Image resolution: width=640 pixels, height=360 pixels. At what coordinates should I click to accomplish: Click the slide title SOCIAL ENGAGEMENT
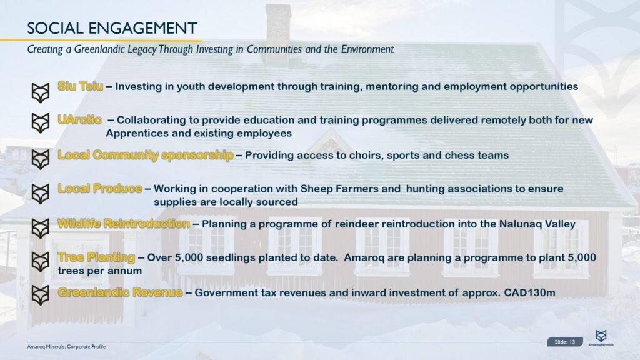(x=112, y=28)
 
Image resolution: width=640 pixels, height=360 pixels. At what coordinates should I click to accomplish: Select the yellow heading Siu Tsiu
(x=81, y=86)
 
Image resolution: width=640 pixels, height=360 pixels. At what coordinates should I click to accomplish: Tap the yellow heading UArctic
(x=79, y=119)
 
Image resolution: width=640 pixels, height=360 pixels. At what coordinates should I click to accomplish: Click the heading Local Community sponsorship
(x=146, y=155)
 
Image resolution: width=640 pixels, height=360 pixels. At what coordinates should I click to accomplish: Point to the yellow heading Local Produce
(x=100, y=188)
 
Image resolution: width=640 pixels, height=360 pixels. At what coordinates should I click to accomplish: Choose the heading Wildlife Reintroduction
(x=124, y=224)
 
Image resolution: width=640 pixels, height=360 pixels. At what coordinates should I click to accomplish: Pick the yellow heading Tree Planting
(x=96, y=257)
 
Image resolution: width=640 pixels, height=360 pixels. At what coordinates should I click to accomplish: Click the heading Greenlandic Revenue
(x=120, y=292)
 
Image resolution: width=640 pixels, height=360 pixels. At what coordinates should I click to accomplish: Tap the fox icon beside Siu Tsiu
(x=41, y=92)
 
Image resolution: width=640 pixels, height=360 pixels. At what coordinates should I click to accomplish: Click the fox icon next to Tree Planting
(x=41, y=262)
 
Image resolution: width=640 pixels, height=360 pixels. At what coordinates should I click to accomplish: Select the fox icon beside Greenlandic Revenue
(x=41, y=295)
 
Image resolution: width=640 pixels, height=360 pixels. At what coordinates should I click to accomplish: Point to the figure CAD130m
(x=530, y=292)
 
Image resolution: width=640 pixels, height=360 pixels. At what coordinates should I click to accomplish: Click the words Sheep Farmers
(x=351, y=189)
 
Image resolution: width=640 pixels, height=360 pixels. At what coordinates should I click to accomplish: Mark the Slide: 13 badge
(x=565, y=342)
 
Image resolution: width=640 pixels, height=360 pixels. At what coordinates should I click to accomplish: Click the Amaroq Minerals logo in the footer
(x=601, y=338)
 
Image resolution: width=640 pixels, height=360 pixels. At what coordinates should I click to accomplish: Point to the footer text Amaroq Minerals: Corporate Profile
(x=66, y=347)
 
